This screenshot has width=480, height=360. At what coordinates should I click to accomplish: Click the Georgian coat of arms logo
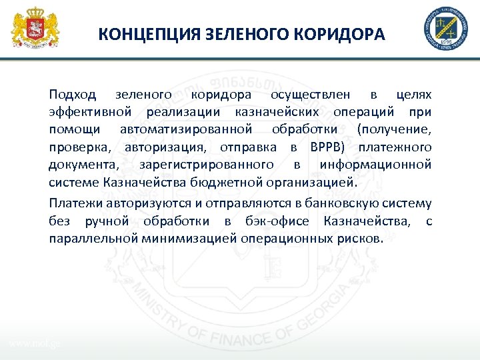35,28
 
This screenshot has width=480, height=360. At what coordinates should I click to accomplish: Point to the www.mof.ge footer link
35,343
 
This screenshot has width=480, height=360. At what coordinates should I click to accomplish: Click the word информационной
375,165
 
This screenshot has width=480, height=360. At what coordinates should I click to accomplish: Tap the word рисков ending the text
361,238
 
